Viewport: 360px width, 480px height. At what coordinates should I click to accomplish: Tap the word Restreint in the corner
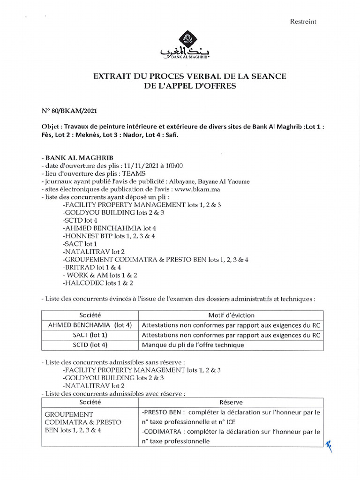tap(304, 21)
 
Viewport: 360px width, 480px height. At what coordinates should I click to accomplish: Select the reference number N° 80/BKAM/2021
tap(70, 110)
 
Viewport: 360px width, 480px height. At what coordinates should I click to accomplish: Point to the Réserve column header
tap(230, 402)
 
